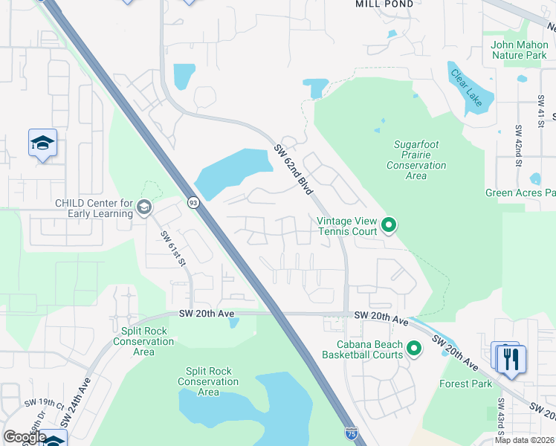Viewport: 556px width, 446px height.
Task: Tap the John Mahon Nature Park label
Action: [519, 50]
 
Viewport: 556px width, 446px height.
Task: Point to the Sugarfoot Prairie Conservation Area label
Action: [416, 159]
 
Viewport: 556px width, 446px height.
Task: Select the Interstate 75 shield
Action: [349, 432]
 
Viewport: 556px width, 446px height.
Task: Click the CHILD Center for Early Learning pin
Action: [144, 207]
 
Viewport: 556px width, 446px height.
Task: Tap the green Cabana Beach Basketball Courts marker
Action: [414, 348]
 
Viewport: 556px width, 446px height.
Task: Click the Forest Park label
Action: [465, 384]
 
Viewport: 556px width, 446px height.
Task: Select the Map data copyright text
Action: [525, 440]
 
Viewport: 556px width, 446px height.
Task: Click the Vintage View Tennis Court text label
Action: [347, 226]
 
